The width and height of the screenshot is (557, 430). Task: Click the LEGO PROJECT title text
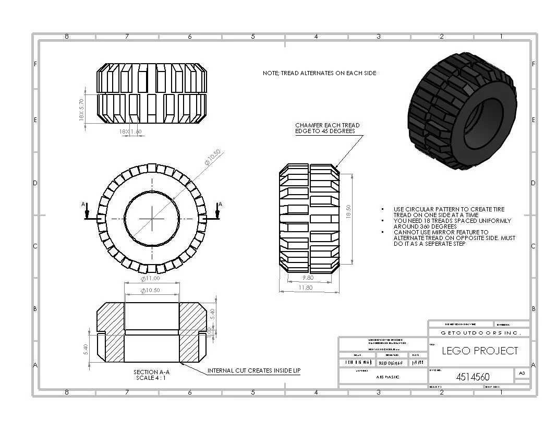point(480,351)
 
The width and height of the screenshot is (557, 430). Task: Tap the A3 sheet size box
point(522,373)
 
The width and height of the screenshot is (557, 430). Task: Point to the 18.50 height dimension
point(349,211)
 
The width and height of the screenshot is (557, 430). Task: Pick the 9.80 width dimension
point(307,278)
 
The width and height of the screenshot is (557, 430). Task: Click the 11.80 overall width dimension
point(306,288)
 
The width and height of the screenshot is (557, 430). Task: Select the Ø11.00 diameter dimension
point(150,279)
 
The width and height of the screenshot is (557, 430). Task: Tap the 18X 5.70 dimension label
point(81,110)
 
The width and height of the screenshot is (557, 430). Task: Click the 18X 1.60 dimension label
point(130,132)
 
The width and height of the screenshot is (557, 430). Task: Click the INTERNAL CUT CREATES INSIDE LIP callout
point(254,371)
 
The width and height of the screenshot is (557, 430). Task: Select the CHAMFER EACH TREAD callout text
point(327,128)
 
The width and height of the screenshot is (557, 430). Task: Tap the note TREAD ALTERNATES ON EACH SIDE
point(319,74)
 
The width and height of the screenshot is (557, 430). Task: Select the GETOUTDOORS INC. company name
point(478,332)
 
